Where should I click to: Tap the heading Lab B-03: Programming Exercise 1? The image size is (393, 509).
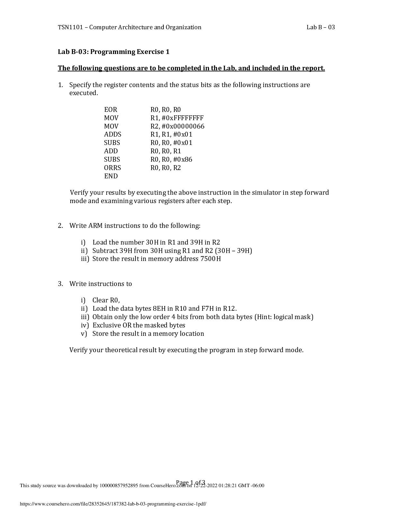(113, 52)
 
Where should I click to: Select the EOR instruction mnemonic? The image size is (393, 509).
(110, 110)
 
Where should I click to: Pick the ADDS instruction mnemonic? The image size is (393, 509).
(112, 135)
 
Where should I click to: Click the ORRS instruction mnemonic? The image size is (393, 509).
(112, 168)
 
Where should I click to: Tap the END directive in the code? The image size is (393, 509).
(111, 176)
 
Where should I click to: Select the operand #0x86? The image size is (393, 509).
(182, 159)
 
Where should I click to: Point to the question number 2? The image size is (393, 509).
(60, 226)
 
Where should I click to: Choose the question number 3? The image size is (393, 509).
(60, 284)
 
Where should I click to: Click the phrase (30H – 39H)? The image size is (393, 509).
(233, 251)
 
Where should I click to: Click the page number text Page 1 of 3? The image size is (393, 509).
(190, 482)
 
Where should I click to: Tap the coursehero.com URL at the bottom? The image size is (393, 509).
(113, 504)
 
